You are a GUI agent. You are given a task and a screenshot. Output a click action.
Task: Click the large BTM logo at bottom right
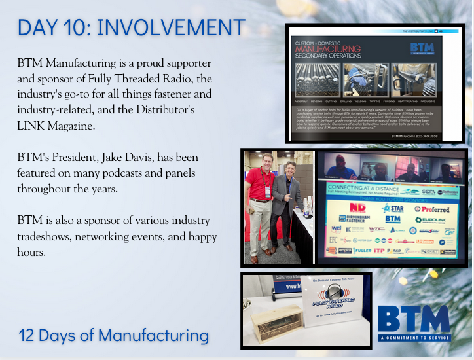tap(414, 319)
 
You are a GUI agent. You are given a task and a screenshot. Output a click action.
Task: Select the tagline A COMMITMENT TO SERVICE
tap(414, 338)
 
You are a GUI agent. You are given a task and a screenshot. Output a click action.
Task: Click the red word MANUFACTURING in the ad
tap(327, 49)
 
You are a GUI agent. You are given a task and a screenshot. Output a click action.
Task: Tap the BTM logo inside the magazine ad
tap(417, 49)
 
